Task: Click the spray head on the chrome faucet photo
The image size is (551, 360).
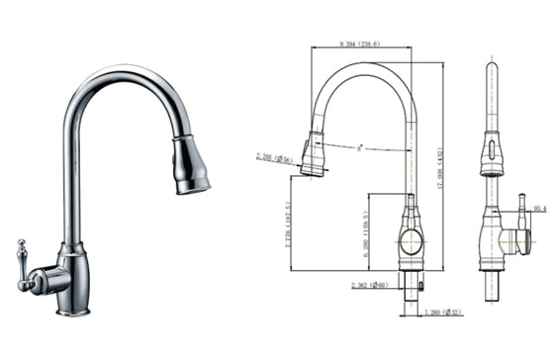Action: [x=190, y=165]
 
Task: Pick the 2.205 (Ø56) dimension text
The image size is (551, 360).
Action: [x=274, y=157]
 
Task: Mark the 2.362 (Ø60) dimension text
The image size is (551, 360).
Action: [x=370, y=286]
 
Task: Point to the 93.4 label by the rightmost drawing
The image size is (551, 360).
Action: [x=539, y=209]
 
